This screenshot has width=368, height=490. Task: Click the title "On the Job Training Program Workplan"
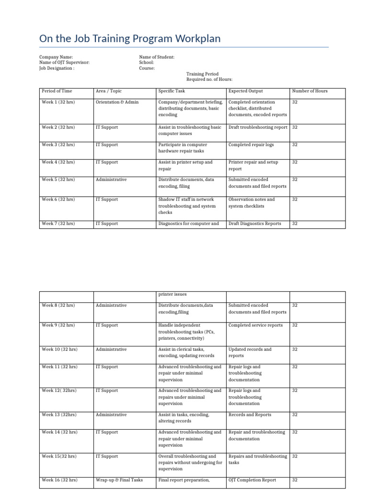tap(130, 39)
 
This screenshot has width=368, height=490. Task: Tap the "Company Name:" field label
tap(56, 57)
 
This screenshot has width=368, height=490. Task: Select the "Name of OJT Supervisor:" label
tap(64, 63)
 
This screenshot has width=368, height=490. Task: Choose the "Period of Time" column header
tap(57, 91)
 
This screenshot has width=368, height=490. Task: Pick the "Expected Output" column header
tap(245, 91)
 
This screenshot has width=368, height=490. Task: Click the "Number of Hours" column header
tap(310, 91)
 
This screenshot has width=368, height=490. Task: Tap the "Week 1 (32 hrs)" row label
tap(58, 102)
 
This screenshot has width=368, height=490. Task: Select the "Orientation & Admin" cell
tap(117, 102)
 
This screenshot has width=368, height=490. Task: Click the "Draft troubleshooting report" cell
tap(258, 127)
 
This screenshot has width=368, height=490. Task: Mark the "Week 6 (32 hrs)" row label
tap(58, 200)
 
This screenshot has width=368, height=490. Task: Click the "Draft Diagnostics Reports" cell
tap(255, 223)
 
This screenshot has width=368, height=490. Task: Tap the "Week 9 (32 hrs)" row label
tap(58, 325)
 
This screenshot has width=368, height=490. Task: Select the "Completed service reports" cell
tap(255, 325)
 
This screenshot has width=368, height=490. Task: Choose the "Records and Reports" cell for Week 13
tap(250, 415)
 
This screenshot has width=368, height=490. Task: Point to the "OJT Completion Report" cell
tap(252, 480)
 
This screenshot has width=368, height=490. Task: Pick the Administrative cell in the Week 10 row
tap(111, 349)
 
